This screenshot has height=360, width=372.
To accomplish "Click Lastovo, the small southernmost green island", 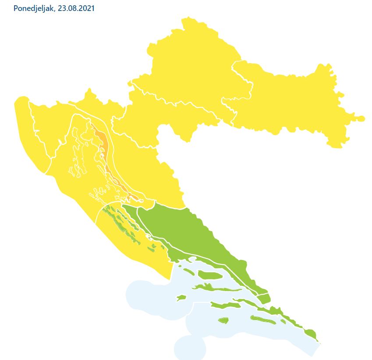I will (223, 321).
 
